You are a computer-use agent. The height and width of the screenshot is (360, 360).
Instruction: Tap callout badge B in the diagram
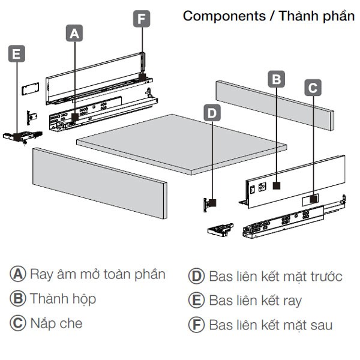click(x=275, y=79)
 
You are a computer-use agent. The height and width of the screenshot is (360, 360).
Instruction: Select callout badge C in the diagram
click(x=313, y=88)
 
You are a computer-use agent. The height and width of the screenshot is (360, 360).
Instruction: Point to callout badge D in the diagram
click(x=213, y=112)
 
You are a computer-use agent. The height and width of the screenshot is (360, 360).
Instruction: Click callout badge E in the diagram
click(x=16, y=55)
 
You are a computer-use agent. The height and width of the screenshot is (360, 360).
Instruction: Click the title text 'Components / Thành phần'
click(x=268, y=16)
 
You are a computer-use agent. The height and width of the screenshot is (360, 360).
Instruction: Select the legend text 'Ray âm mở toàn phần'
click(x=97, y=275)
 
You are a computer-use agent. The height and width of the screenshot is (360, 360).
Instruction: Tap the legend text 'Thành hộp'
click(x=63, y=299)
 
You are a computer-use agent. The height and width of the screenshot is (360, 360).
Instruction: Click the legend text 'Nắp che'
click(x=56, y=323)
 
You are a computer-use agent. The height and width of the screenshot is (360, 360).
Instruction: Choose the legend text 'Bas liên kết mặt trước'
click(x=275, y=276)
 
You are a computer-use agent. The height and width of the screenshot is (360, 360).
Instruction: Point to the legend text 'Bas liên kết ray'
click(x=255, y=300)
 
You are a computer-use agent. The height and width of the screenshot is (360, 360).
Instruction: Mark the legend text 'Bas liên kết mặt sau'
click(x=270, y=325)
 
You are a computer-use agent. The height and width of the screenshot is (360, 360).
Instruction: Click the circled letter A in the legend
click(x=19, y=275)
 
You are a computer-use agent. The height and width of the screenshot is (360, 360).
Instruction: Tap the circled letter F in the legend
click(x=196, y=325)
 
